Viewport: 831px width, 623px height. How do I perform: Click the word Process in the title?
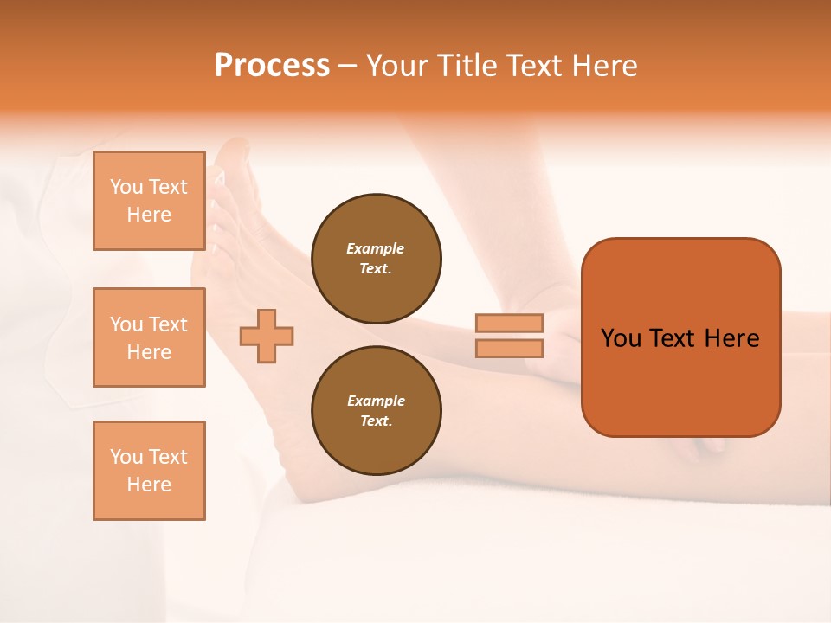(272, 66)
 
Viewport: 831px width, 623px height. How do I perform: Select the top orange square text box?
(149, 201)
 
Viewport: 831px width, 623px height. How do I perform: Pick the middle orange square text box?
(149, 337)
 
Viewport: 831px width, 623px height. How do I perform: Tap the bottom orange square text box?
(149, 471)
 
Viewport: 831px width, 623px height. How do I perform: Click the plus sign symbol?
(267, 337)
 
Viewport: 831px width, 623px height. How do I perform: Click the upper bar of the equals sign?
(510, 323)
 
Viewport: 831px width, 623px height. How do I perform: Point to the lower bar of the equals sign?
(510, 348)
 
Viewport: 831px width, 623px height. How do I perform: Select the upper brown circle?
(376, 259)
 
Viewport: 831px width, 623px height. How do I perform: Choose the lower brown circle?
(376, 411)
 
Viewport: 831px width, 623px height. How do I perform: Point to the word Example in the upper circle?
(376, 248)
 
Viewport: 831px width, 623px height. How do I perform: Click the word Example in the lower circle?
(376, 401)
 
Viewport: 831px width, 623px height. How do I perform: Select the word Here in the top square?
(149, 215)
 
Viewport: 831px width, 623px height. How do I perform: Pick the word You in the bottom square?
(126, 457)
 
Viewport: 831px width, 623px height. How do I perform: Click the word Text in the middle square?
(168, 324)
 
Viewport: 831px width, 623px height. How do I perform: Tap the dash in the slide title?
(348, 66)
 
